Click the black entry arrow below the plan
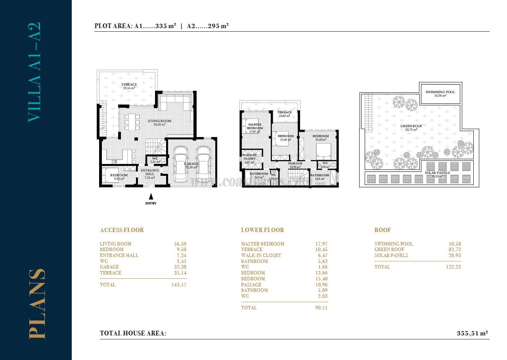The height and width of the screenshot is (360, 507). (151, 196)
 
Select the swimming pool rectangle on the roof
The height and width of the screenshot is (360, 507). (440, 94)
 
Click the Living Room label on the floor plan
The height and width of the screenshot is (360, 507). (159, 121)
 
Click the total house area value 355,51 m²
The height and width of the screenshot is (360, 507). (472, 333)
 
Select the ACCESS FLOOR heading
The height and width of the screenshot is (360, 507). (122, 230)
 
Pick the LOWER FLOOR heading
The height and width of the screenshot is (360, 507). (262, 230)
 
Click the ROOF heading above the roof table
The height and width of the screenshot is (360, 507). (383, 230)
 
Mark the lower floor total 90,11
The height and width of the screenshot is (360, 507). (321, 307)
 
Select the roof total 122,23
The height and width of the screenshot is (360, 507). (453, 267)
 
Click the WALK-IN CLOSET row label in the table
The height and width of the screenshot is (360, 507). (261, 255)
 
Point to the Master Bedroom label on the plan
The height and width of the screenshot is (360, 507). (254, 126)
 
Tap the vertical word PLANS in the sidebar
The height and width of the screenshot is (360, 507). (37, 304)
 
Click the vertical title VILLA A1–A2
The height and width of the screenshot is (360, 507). (34, 72)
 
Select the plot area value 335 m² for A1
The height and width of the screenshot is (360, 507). (166, 26)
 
